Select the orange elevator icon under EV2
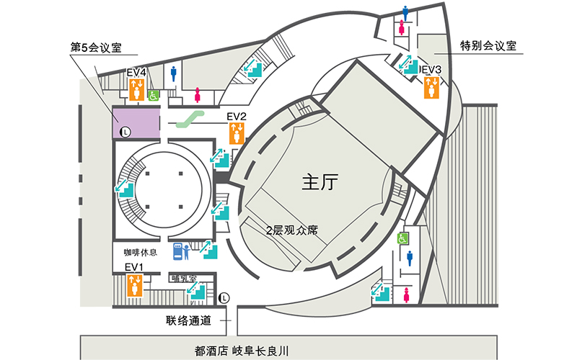tap(237, 132)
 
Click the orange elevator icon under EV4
tap(137, 89)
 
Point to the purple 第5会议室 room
tap(135, 122)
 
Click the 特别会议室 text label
tap(488, 46)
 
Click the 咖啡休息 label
tap(140, 253)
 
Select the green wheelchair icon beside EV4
tap(154, 94)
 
